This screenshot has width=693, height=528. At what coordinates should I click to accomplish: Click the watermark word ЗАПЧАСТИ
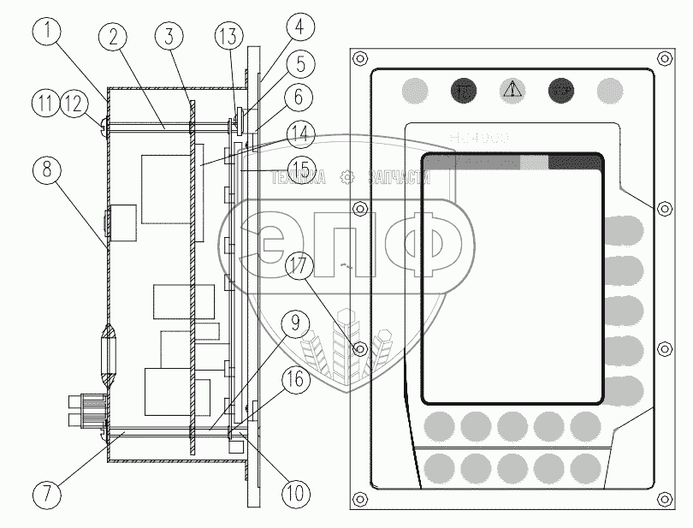tap(398, 177)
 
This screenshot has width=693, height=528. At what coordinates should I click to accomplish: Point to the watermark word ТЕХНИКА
tap(299, 177)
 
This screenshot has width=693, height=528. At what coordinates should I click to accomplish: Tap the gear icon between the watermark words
tap(347, 177)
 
